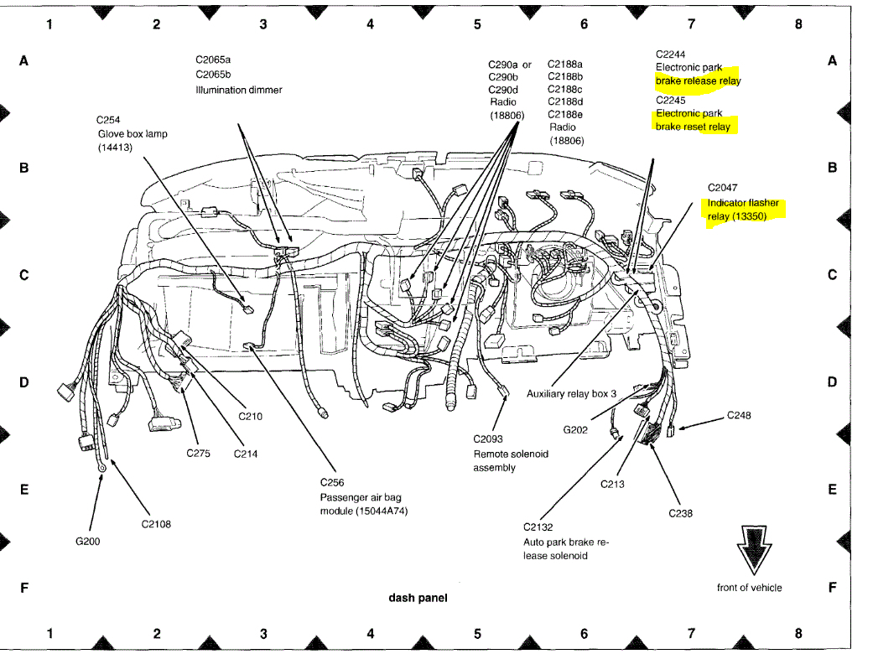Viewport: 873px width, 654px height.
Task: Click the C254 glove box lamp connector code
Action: pyautogui.click(x=110, y=120)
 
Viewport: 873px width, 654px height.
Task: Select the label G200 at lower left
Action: pyautogui.click(x=87, y=542)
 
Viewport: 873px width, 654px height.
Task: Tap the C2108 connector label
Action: pyautogui.click(x=156, y=524)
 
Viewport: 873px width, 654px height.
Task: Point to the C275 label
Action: pyautogui.click(x=198, y=454)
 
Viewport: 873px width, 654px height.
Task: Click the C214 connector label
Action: pyautogui.click(x=246, y=454)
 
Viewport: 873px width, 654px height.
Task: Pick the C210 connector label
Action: pyautogui.click(x=250, y=416)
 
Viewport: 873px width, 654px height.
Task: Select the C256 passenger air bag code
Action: pyautogui.click(x=332, y=482)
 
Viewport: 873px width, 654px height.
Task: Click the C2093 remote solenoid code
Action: pyautogui.click(x=488, y=439)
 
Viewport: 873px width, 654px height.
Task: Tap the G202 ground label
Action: pyautogui.click(x=575, y=430)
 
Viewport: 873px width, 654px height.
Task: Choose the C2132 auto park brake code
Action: pyautogui.click(x=538, y=527)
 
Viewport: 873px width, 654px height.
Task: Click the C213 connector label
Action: pyautogui.click(x=612, y=484)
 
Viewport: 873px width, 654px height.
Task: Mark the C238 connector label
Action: pyautogui.click(x=680, y=513)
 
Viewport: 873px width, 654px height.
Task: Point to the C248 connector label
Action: pyautogui.click(x=739, y=415)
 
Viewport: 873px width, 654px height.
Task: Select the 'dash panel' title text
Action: pyautogui.click(x=418, y=598)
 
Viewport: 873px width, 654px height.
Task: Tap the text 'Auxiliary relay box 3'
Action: pyautogui.click(x=571, y=393)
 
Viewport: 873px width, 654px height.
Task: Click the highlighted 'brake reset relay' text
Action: pyautogui.click(x=693, y=127)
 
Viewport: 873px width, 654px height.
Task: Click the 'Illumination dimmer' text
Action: pyautogui.click(x=238, y=90)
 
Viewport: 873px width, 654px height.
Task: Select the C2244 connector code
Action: pyautogui.click(x=670, y=54)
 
